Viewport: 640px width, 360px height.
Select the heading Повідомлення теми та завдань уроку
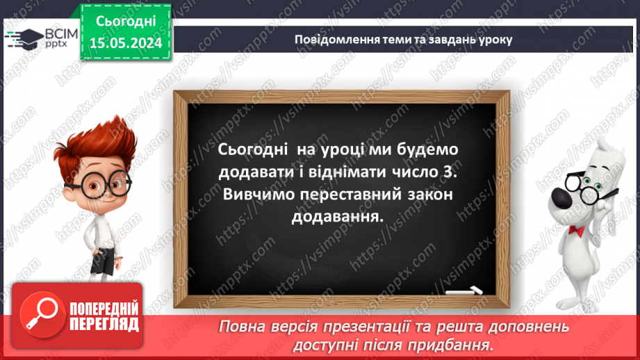point(403,40)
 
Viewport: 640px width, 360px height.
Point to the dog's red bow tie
point(576,230)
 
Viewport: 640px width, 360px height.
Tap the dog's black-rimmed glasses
point(584,182)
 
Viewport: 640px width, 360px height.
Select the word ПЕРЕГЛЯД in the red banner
point(104,324)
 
